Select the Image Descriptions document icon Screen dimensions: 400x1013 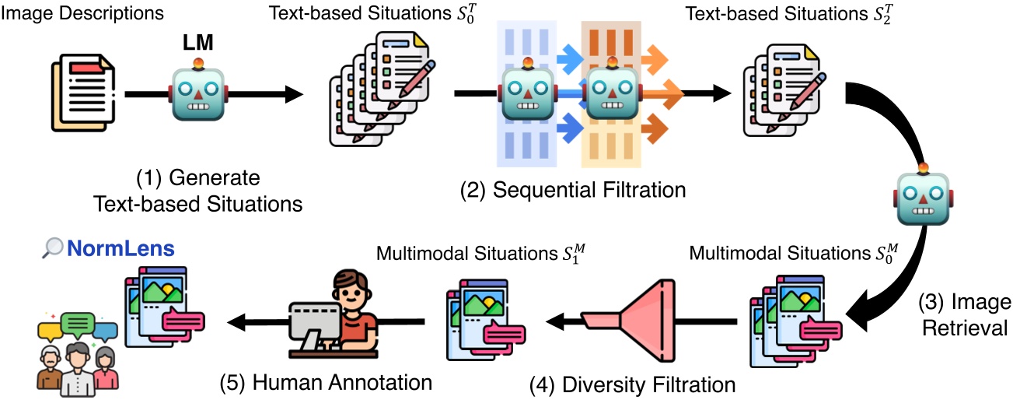click(x=83, y=94)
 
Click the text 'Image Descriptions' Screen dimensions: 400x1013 click(x=82, y=13)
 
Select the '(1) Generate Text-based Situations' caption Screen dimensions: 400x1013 click(x=198, y=190)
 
